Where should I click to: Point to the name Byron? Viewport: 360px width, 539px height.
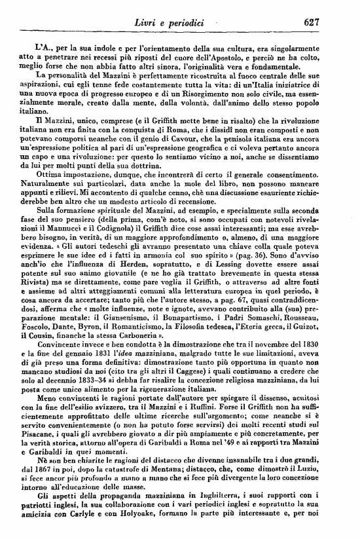[x=118, y=336]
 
